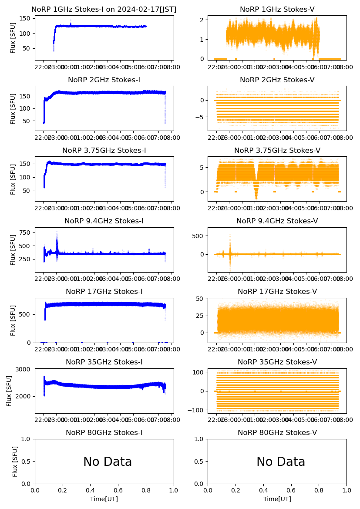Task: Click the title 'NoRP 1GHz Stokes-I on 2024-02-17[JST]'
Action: [104, 10]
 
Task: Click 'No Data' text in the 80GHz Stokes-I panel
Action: [108, 462]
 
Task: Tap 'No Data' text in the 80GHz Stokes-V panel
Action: [281, 462]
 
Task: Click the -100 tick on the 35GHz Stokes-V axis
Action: [197, 410]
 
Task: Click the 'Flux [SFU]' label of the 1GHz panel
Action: [13, 37]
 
